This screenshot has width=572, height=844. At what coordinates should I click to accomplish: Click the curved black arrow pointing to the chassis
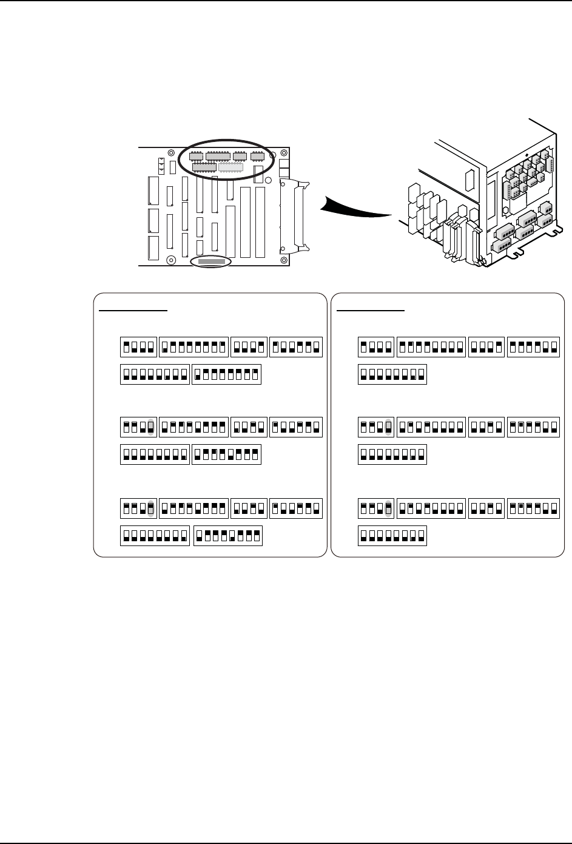(355, 208)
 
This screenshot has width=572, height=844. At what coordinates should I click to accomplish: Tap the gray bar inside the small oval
(211, 262)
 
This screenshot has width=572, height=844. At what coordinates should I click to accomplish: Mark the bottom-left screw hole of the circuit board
(172, 260)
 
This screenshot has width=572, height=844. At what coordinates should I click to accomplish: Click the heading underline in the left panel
(133, 309)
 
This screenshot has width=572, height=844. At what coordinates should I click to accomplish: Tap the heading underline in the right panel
(371, 309)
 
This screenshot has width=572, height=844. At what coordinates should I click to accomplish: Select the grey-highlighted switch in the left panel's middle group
(151, 427)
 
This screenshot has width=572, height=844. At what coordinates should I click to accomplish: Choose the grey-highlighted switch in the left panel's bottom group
(151, 508)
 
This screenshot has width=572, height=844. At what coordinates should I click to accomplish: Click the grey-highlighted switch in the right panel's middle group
(388, 427)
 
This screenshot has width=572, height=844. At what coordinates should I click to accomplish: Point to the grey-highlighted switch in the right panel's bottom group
(388, 508)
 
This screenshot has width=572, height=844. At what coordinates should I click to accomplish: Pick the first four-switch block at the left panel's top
(139, 347)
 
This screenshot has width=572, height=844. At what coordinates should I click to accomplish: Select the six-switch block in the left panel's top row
(296, 347)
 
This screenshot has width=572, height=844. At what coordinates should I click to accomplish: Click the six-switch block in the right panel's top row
(533, 347)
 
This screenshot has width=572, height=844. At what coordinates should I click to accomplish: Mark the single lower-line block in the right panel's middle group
(392, 454)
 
